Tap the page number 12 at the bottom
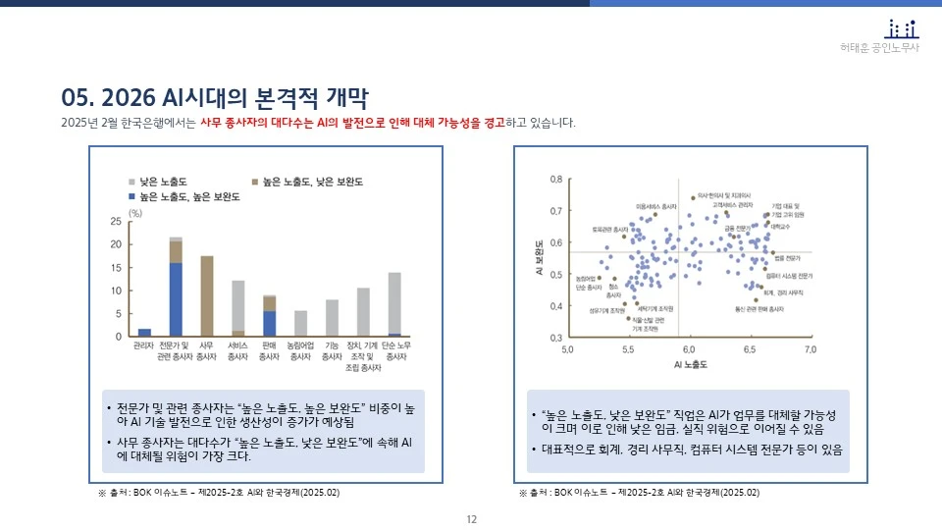[x=471, y=519]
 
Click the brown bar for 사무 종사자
[x=207, y=295]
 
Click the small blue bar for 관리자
[x=145, y=332]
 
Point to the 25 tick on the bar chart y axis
[x=117, y=222]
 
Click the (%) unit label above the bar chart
[x=135, y=212]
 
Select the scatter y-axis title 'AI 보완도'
[x=539, y=257]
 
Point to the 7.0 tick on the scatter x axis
[x=811, y=349]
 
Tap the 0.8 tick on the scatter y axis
[x=555, y=180]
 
